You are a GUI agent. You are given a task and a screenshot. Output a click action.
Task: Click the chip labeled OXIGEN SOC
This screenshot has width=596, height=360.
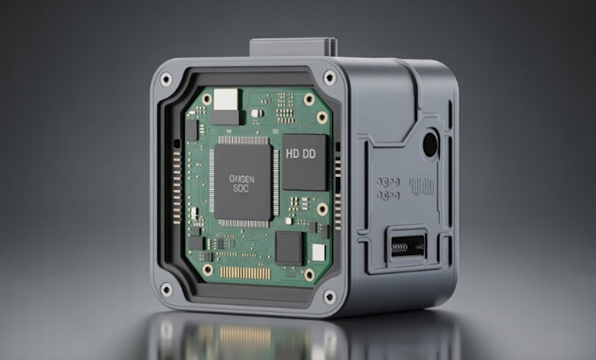243,181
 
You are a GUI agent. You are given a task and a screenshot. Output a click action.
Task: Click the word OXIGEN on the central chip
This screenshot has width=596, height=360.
243,178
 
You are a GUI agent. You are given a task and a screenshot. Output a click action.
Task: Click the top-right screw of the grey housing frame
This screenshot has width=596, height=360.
330,78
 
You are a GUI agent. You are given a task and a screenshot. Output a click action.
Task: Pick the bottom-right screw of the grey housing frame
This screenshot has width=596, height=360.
330,295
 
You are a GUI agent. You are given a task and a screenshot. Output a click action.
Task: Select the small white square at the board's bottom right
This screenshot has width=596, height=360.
317,251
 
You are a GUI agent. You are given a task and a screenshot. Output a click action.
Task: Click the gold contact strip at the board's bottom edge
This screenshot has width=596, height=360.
245,272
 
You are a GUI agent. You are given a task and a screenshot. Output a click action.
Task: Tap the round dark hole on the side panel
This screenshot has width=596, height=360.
430,143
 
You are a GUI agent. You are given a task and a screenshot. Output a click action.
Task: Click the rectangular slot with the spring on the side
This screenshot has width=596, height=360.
406,244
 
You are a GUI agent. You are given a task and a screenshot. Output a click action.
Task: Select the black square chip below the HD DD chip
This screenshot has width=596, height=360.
288,247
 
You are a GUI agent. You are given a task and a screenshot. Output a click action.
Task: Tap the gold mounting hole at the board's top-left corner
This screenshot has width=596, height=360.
207,100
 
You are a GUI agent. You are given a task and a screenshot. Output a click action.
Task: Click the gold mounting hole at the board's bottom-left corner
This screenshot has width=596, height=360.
208,269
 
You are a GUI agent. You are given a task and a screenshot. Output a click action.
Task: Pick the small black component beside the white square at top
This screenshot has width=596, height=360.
226,115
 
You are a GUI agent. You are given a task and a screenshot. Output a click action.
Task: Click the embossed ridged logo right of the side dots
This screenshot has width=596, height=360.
422,186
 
